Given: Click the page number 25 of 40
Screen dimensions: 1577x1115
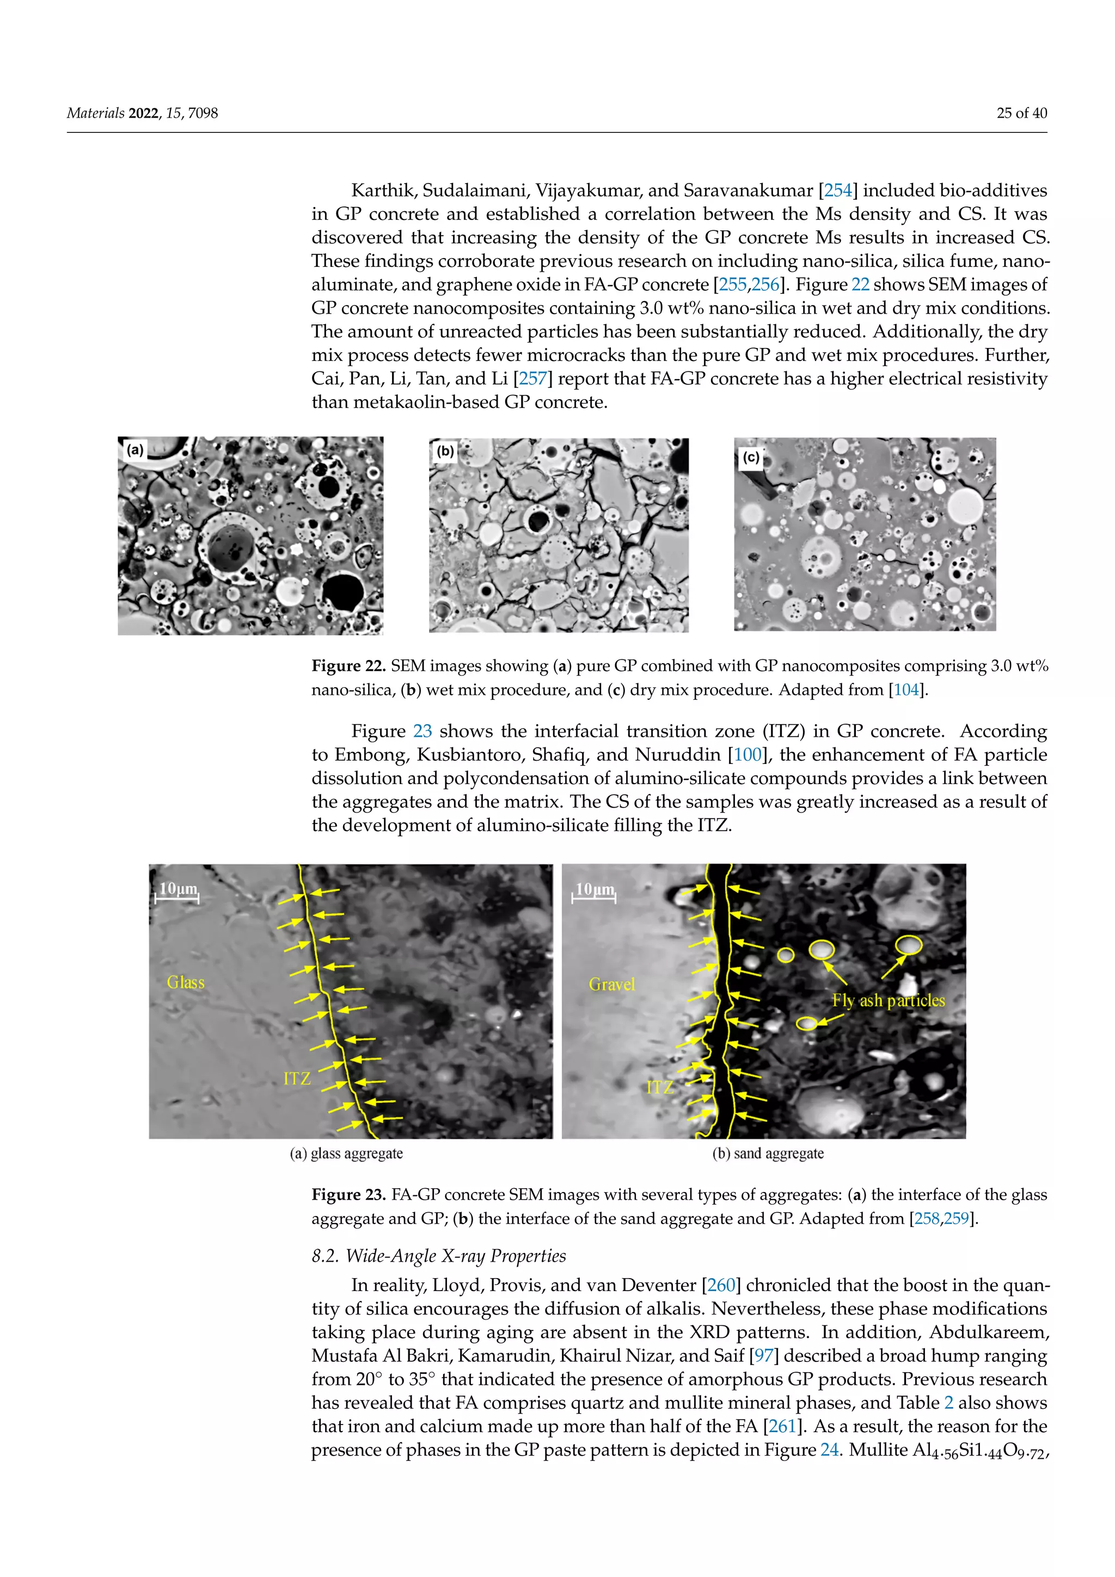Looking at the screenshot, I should point(1021,113).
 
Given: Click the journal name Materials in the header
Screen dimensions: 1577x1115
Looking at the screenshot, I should point(95,113).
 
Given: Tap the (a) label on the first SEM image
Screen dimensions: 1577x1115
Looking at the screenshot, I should point(135,450).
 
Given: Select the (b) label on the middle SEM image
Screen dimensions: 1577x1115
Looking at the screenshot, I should point(445,451).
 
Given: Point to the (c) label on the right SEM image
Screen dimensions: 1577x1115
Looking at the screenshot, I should point(751,457).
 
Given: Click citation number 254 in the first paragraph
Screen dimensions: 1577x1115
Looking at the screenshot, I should point(838,190).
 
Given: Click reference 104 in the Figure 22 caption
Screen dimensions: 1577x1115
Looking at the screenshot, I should point(906,689).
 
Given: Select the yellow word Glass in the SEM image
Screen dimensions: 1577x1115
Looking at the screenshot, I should point(185,982).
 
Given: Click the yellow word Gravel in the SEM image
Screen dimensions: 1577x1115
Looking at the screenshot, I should point(612,984).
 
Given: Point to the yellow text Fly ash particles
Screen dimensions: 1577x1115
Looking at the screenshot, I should point(889,1000).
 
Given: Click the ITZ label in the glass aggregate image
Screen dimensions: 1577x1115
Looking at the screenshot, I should point(297,1078).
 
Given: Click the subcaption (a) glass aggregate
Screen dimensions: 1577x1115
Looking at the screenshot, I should point(346,1154).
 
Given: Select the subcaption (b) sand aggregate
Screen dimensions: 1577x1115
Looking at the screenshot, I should point(768,1154).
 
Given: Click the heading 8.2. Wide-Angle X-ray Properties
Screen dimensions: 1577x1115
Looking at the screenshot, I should point(439,1256).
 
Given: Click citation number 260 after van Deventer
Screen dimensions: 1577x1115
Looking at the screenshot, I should point(721,1285).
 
